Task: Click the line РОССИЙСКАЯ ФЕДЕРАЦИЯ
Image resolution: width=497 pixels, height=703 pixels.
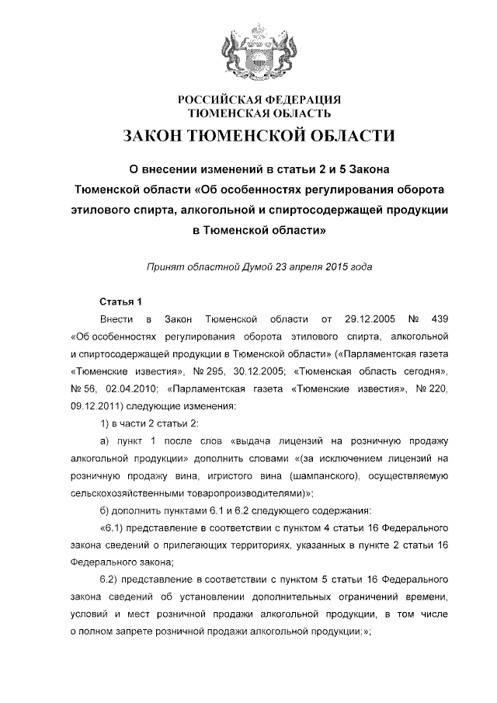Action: tap(259, 99)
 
